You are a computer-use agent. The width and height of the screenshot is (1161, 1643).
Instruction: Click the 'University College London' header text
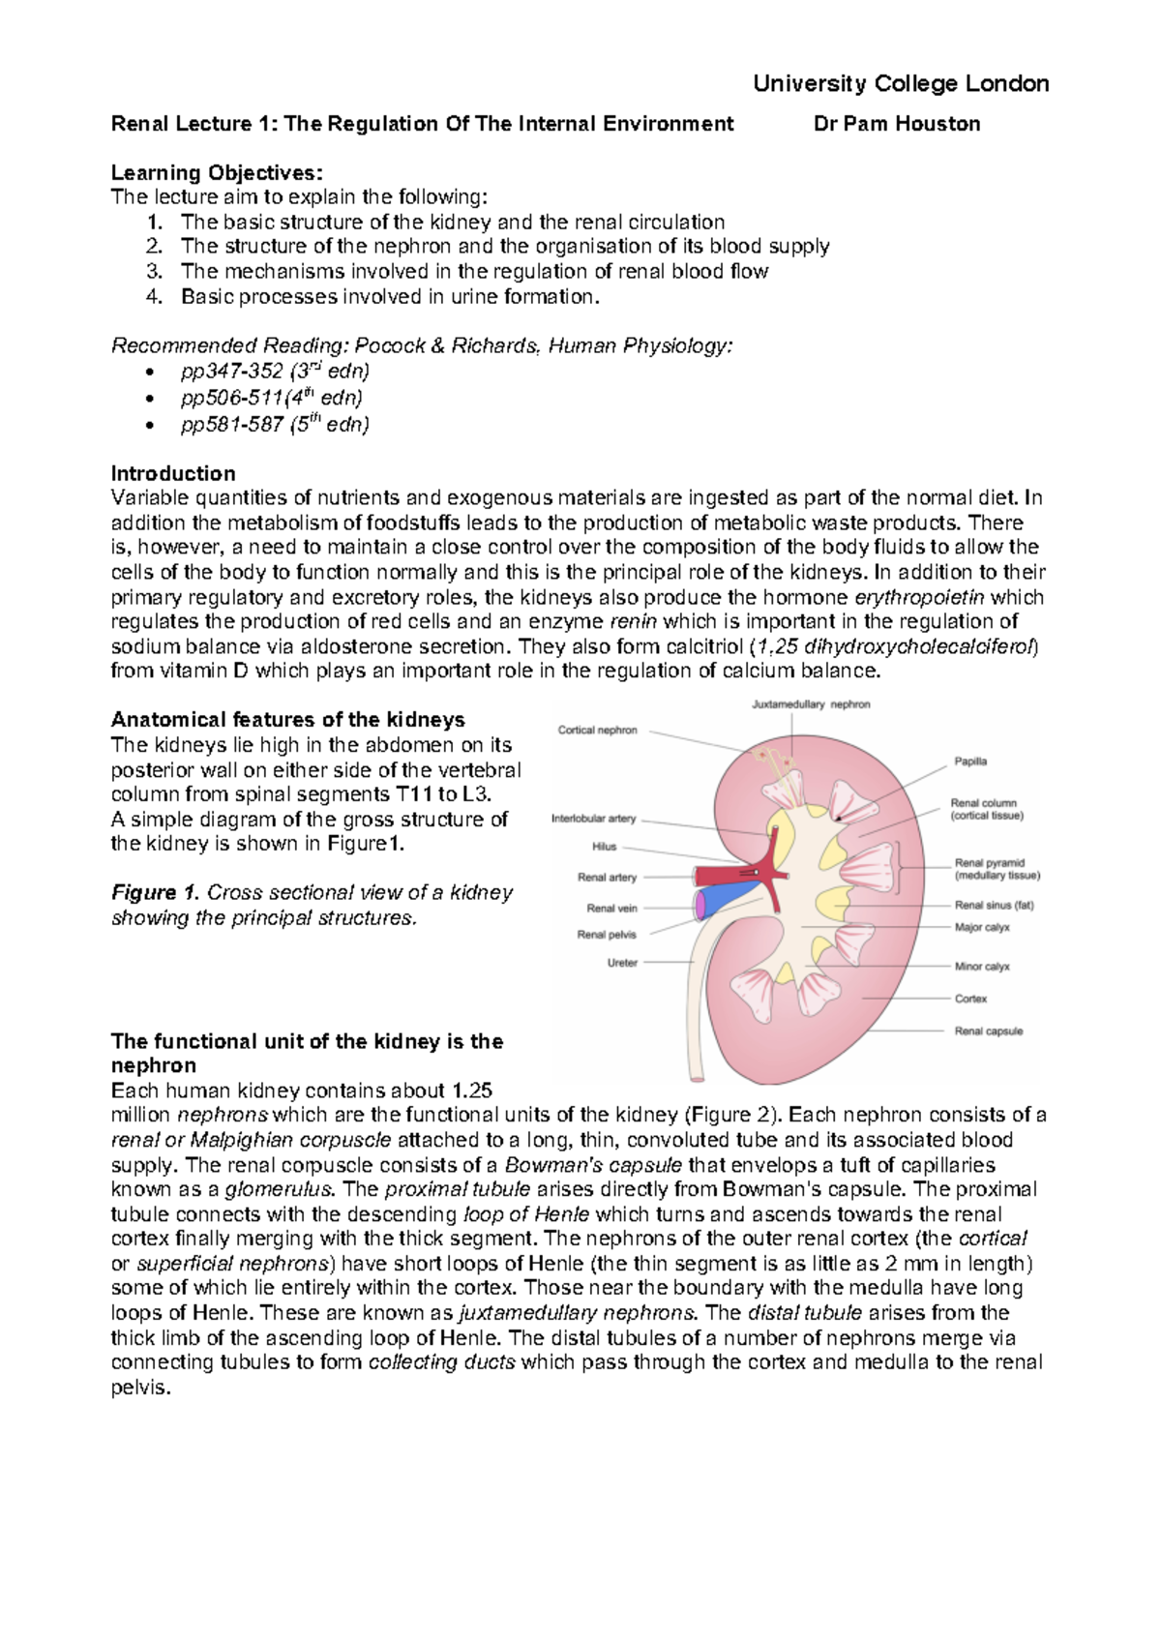coord(901,83)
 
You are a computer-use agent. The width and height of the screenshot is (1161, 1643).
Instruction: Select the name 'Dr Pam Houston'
coord(897,124)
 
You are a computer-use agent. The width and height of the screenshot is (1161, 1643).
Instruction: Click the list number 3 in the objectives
coord(154,272)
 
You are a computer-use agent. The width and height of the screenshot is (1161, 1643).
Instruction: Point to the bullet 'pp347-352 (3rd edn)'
coord(275,372)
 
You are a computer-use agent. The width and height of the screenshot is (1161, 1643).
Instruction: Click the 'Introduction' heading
coord(173,474)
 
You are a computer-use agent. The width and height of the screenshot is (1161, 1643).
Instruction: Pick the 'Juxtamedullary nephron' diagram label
coord(811,704)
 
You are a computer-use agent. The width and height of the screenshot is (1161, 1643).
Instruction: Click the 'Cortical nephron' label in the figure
coord(597,731)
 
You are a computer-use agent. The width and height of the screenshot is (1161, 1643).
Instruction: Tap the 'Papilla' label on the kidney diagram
coord(970,762)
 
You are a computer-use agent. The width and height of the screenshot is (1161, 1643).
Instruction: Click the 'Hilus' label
coord(604,847)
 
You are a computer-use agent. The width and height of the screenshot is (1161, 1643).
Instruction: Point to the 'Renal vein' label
coord(611,909)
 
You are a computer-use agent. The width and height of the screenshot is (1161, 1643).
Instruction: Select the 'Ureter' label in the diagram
coord(622,963)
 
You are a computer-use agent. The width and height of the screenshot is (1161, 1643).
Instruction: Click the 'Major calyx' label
coord(982,927)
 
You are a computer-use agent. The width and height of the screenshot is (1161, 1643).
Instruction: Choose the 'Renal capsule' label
coord(988,1031)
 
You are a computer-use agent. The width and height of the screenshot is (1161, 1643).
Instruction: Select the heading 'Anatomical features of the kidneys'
coord(287,720)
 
